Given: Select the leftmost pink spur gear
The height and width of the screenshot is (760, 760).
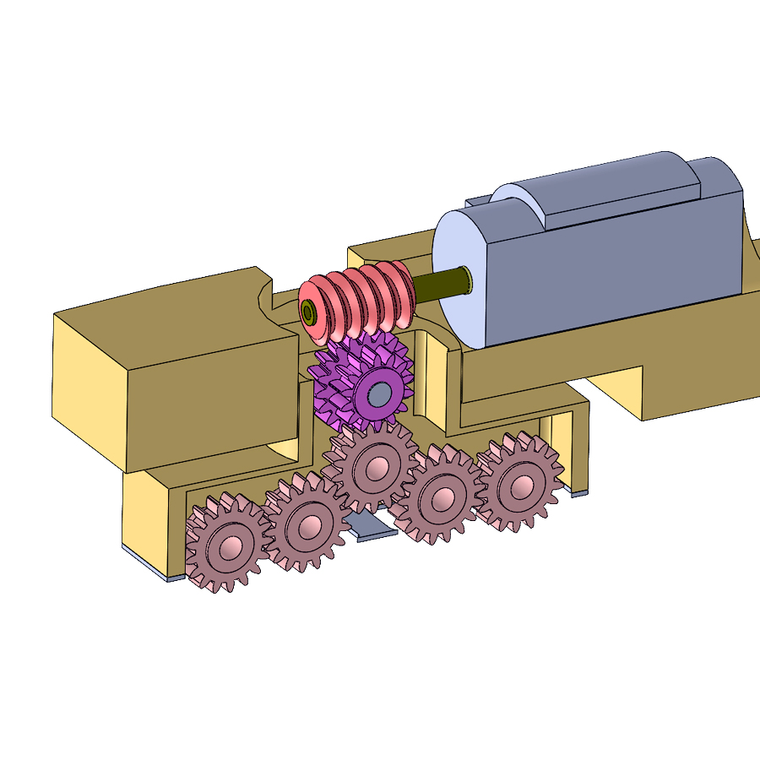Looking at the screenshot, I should pyautogui.click(x=225, y=543).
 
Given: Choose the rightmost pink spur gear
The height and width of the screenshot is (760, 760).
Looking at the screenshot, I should pyautogui.click(x=518, y=484).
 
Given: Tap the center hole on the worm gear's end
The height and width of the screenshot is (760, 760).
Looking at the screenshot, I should pyautogui.click(x=309, y=313).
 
